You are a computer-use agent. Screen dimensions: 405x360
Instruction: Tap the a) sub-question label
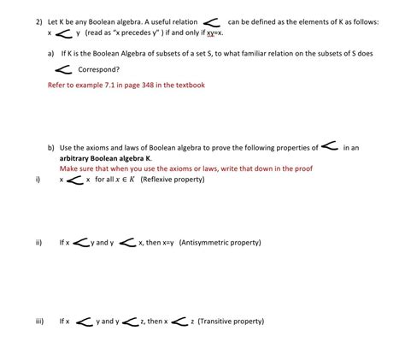(51, 53)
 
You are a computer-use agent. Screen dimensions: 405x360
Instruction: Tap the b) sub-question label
(51, 148)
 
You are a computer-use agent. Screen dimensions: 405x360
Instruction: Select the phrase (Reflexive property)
(173, 180)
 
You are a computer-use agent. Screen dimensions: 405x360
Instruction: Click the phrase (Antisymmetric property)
(220, 243)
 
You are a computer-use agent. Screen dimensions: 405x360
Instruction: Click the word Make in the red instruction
(68, 169)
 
